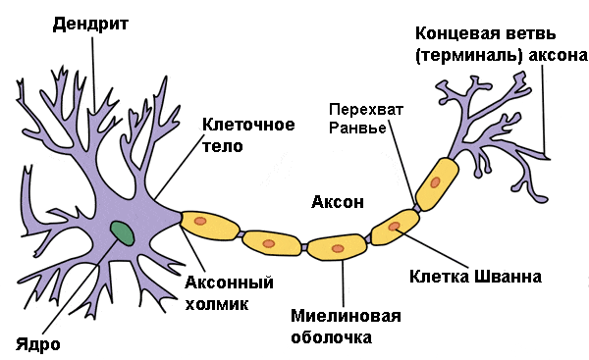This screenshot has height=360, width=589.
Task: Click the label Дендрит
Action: [x=90, y=25]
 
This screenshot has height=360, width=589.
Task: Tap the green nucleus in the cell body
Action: [x=122, y=233]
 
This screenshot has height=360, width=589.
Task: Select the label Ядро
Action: [x=37, y=344]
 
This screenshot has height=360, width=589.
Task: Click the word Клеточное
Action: [x=248, y=125]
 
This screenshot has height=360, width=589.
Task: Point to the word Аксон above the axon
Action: [x=338, y=202]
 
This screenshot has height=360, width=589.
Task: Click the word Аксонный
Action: [x=229, y=283]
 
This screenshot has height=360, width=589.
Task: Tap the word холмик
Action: [x=217, y=304]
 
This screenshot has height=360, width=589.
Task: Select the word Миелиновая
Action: [x=346, y=316]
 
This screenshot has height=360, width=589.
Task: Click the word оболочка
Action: [x=332, y=337]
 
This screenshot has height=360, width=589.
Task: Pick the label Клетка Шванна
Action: [x=475, y=277]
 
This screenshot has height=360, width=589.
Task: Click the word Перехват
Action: [x=366, y=110]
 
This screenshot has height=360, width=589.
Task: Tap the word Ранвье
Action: [x=357, y=128]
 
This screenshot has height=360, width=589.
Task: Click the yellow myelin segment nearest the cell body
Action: [x=210, y=226]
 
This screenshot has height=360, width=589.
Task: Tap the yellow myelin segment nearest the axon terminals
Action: [x=437, y=183]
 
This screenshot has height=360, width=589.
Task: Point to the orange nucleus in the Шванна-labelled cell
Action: [x=394, y=227]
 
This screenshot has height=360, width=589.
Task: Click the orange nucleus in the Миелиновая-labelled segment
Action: [x=338, y=248]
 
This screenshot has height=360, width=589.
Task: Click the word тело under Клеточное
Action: [x=223, y=146]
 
